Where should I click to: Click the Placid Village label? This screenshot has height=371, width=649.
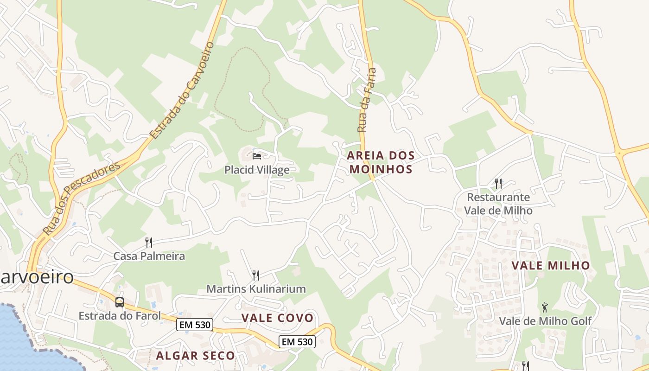[x=257, y=170]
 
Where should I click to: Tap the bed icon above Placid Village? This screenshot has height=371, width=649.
[x=257, y=155]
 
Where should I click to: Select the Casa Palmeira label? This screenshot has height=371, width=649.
[x=149, y=256]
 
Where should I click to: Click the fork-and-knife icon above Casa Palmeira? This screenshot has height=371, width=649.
[x=149, y=242]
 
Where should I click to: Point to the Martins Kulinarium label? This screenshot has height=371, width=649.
[x=256, y=289]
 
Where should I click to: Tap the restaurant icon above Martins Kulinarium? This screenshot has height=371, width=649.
[x=255, y=275]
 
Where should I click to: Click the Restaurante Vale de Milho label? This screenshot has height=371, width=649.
[x=498, y=204]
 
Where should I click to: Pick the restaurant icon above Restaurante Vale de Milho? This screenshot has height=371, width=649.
[x=498, y=184]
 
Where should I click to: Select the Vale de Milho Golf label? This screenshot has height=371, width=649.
[x=545, y=321]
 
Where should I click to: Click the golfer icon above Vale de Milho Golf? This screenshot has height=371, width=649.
[x=545, y=307]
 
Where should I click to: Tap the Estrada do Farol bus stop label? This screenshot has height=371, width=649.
[x=120, y=316]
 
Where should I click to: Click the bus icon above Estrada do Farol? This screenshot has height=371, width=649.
[x=120, y=302]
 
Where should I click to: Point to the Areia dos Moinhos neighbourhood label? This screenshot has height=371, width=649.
[x=381, y=162]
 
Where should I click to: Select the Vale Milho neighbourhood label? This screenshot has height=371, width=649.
[x=551, y=266]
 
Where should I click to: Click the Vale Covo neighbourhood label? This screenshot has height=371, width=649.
[x=277, y=318]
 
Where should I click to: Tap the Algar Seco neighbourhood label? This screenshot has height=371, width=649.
[x=196, y=356]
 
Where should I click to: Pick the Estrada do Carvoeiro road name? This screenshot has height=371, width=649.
[x=183, y=90]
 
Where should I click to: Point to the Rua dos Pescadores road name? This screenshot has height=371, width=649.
[x=81, y=198]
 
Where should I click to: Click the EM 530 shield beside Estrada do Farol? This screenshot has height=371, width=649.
[x=195, y=325]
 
